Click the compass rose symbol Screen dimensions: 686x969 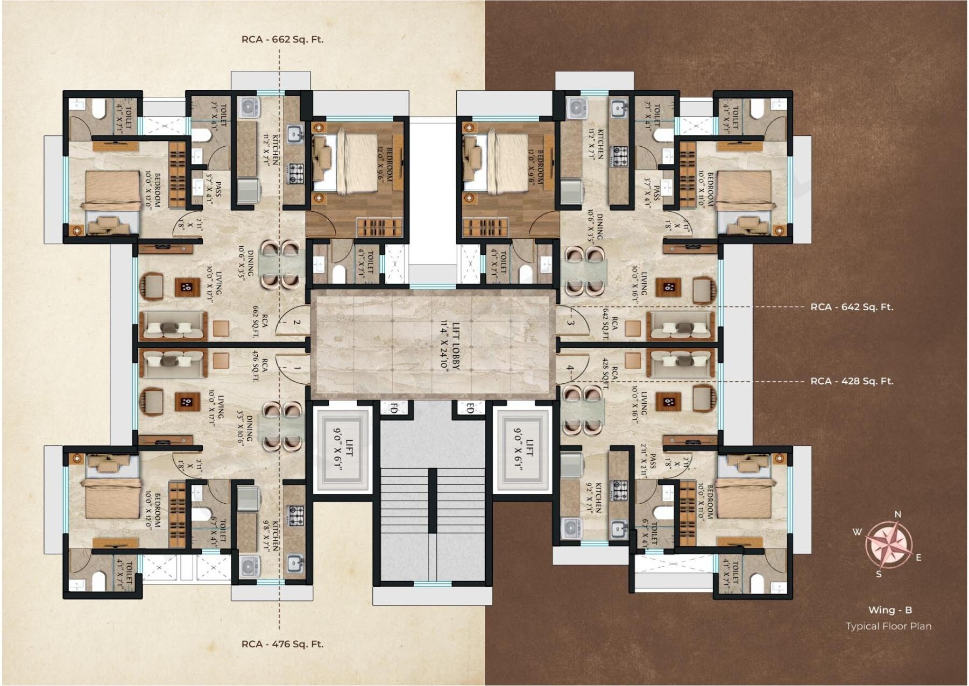click(x=888, y=545)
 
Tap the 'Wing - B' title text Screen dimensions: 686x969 click(x=890, y=610)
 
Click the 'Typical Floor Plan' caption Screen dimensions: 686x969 click(x=888, y=626)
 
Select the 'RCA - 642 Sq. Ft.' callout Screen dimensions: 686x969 click(x=852, y=307)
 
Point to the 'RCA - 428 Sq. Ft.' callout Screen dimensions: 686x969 click(x=852, y=381)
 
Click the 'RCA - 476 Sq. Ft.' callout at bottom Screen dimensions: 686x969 click(x=282, y=644)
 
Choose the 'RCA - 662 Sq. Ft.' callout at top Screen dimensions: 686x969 click(x=282, y=39)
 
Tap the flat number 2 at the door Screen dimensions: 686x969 click(x=296, y=323)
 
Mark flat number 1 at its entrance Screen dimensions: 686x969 click(x=296, y=369)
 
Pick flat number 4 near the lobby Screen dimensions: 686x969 click(x=570, y=369)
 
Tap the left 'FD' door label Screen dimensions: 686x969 click(x=393, y=409)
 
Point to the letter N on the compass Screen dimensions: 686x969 click(x=897, y=514)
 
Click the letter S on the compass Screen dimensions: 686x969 click(x=879, y=574)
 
